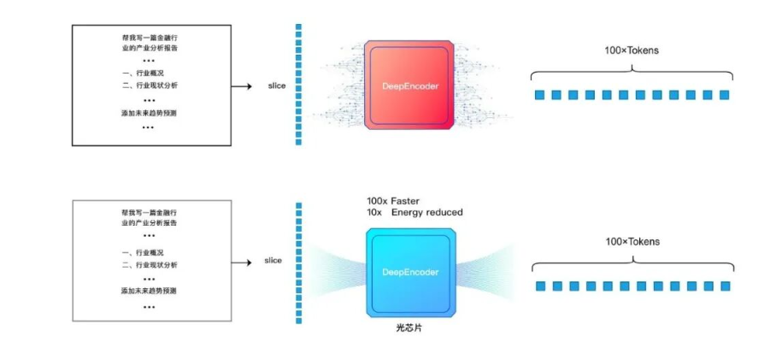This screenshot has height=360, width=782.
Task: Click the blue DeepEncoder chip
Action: click(x=409, y=272)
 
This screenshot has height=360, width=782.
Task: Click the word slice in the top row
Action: click(x=276, y=86)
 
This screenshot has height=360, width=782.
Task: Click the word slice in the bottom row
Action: click(x=273, y=261)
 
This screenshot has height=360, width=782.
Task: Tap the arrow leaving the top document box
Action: click(x=242, y=86)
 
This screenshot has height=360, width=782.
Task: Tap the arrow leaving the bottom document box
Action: click(x=242, y=261)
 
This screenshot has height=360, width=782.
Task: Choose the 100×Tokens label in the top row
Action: click(x=632, y=50)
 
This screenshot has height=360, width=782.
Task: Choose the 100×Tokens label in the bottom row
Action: click(x=632, y=242)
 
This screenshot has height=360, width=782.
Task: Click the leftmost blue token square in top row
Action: click(x=539, y=95)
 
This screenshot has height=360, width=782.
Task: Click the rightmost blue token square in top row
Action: click(x=726, y=95)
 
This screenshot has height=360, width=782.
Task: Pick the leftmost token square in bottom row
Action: click(x=540, y=286)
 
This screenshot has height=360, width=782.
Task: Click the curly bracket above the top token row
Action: click(x=632, y=69)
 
